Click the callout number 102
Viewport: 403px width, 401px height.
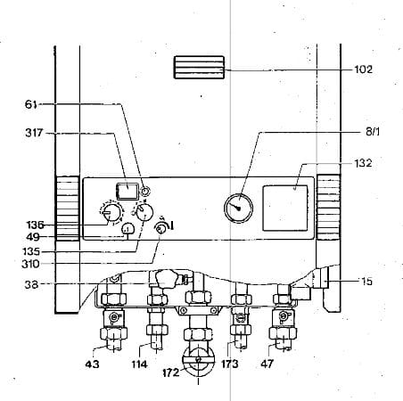click(363, 70)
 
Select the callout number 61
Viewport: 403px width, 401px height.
click(31, 104)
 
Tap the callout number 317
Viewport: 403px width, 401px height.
click(34, 133)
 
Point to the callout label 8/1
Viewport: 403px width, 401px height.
click(373, 132)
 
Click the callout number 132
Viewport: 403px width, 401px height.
click(363, 163)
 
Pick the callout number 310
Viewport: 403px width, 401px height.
click(30, 264)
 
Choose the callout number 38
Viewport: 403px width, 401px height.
click(31, 284)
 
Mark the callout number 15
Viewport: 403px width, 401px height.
click(366, 282)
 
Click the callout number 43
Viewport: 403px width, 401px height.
click(92, 364)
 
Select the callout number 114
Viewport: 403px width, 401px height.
click(139, 364)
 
